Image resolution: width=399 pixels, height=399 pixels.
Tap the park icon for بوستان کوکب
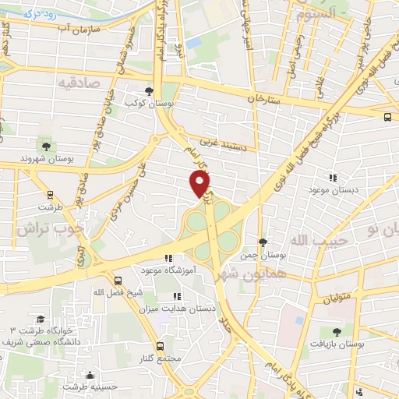click(150, 91)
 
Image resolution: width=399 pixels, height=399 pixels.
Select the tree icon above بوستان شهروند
click(46, 146)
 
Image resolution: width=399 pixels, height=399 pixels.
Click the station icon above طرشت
click(51, 196)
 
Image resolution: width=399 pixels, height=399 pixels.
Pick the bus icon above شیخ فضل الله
click(118, 280)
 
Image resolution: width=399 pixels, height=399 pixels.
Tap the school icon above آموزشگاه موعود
click(168, 258)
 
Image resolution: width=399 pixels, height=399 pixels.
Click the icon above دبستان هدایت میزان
click(177, 296)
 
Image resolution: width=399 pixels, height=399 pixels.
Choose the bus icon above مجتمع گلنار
click(161, 345)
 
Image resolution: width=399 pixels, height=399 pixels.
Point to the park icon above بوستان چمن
click(263, 242)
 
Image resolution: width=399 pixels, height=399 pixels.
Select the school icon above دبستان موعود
click(334, 178)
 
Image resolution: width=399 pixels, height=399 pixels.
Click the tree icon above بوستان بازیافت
click(336, 332)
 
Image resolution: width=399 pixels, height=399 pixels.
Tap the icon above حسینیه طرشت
click(91, 374)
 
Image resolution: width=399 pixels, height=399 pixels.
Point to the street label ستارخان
click(263, 100)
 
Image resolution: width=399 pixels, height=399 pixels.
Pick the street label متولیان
click(337, 295)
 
